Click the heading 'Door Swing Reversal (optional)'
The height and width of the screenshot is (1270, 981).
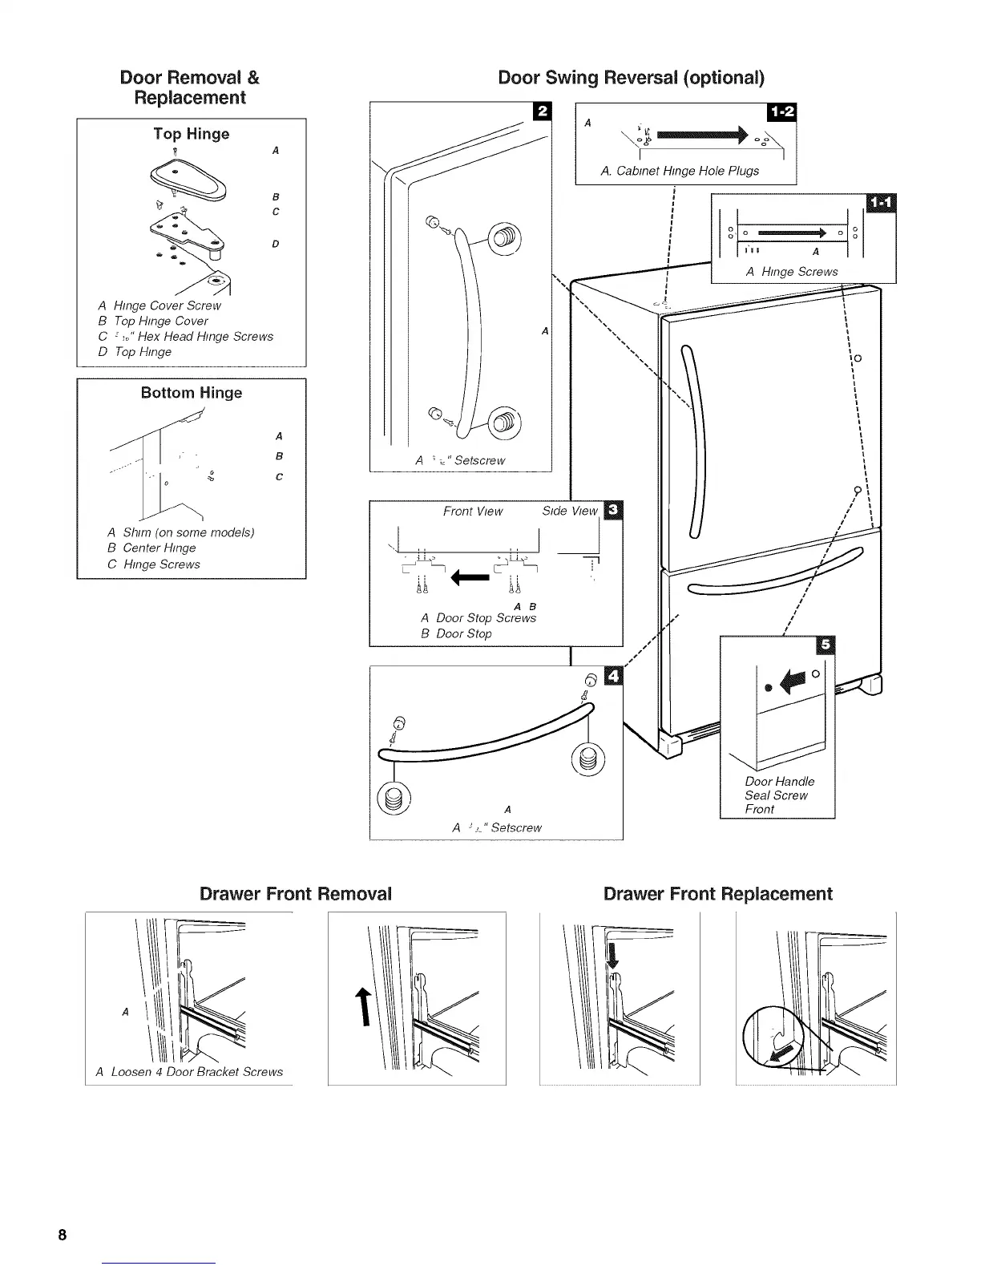click(631, 78)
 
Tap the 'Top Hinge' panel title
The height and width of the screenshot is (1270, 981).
click(192, 134)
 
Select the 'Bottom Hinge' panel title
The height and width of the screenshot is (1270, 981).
click(192, 393)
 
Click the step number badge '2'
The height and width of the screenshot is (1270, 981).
click(541, 111)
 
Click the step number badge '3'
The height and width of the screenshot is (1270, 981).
click(613, 510)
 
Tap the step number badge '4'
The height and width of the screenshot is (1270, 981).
click(613, 676)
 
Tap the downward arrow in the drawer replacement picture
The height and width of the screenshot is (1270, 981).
click(613, 957)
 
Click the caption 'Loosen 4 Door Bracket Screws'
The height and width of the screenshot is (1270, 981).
click(189, 1072)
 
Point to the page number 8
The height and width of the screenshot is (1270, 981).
click(62, 1233)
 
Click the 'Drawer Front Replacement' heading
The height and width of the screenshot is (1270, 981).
click(717, 894)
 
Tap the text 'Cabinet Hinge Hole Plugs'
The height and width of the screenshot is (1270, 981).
click(680, 171)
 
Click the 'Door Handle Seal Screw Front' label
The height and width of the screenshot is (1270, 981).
click(777, 795)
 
